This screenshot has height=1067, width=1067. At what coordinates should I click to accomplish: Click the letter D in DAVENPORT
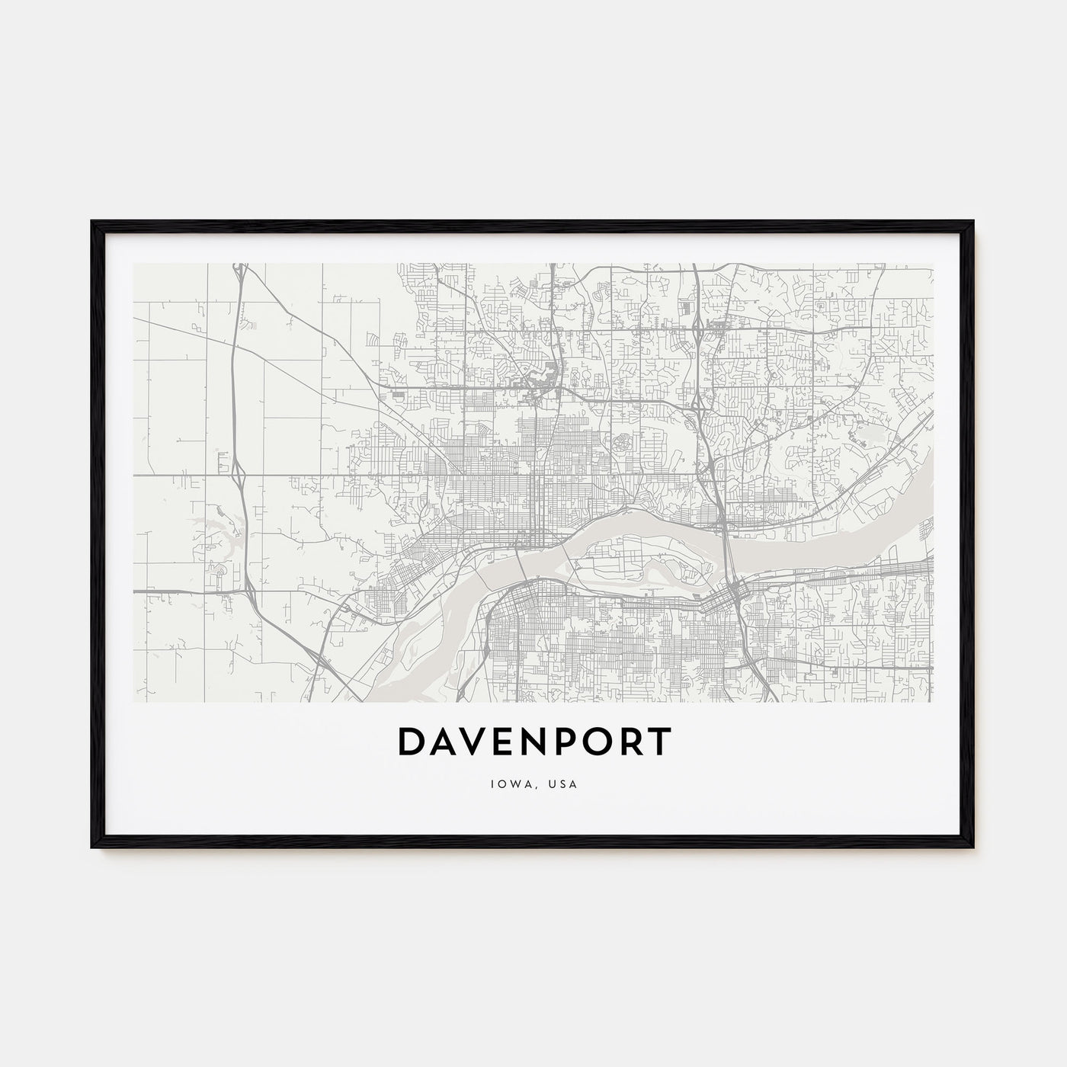coord(412,742)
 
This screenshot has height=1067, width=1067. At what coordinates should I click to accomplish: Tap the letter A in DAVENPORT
coord(444,742)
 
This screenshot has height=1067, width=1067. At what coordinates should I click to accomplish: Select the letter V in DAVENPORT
coord(477,742)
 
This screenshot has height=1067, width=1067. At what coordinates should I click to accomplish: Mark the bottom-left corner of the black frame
coord(92,847)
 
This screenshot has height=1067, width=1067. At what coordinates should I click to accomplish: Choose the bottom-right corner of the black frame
coord(973,847)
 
